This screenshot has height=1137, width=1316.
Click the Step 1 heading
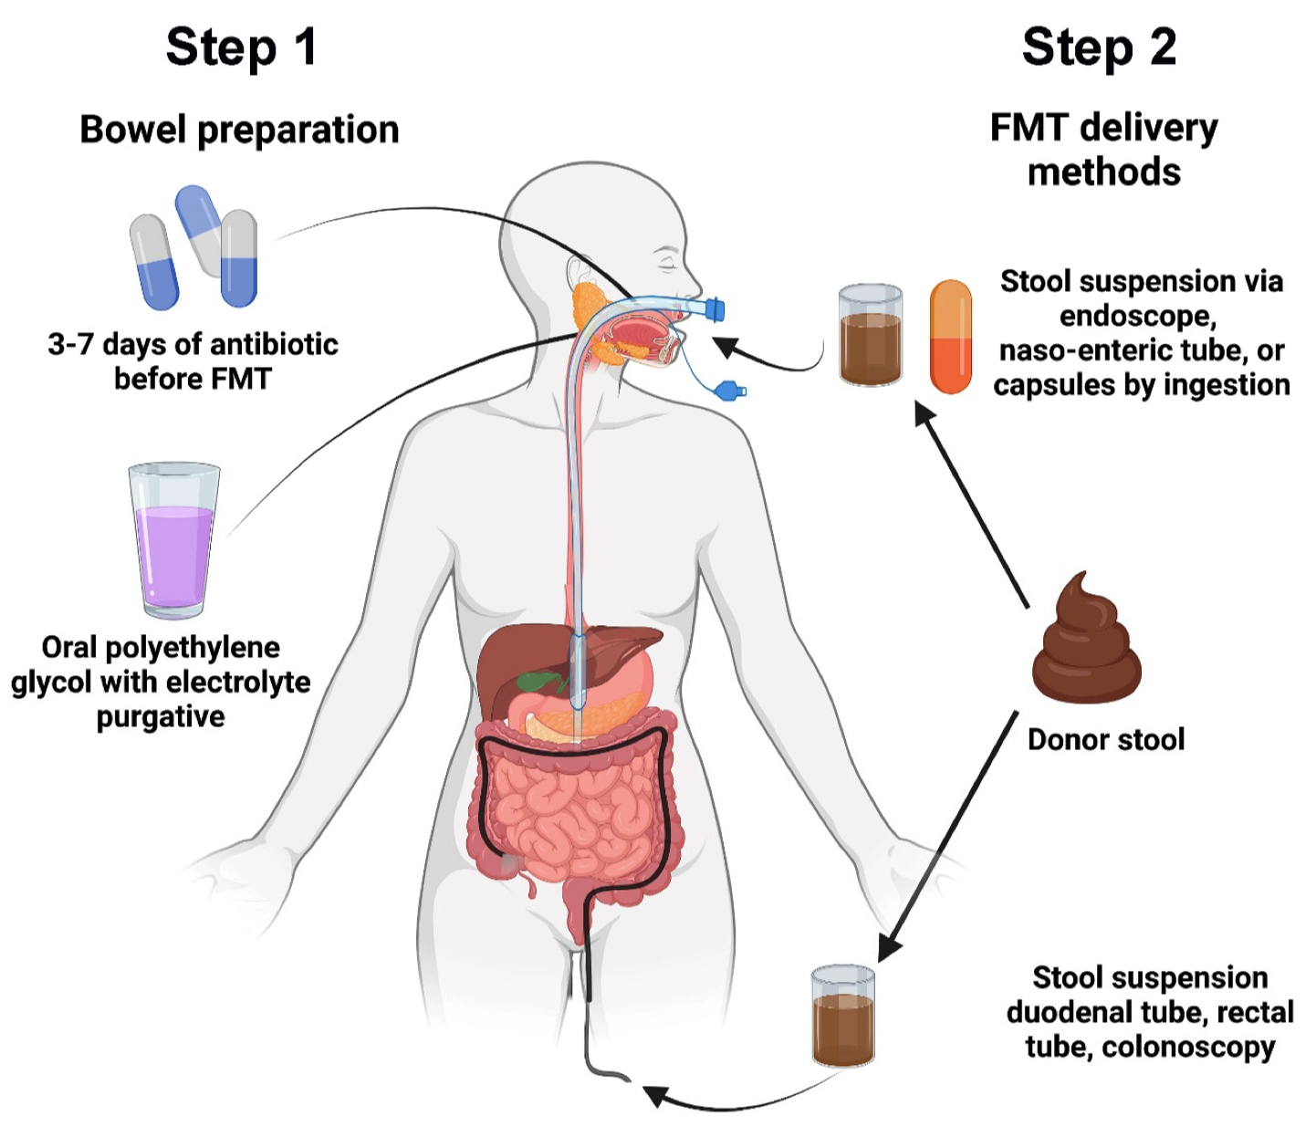pyautogui.click(x=241, y=47)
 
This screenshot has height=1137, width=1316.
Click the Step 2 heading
pyautogui.click(x=1099, y=47)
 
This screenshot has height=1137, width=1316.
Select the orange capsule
pyautogui.click(x=950, y=337)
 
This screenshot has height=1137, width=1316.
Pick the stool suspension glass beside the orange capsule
pyautogui.click(x=871, y=335)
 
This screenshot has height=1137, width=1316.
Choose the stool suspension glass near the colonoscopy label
pyautogui.click(x=843, y=1016)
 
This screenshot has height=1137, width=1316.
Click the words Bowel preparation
pyautogui.click(x=239, y=130)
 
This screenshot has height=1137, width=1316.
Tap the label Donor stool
pyautogui.click(x=1105, y=739)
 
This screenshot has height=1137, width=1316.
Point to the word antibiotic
pyautogui.click(x=274, y=345)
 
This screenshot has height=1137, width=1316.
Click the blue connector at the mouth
pyautogui.click(x=715, y=309)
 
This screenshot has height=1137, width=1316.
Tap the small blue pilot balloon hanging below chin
pyautogui.click(x=731, y=391)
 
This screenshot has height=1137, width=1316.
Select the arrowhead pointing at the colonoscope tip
pyautogui.click(x=653, y=1094)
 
